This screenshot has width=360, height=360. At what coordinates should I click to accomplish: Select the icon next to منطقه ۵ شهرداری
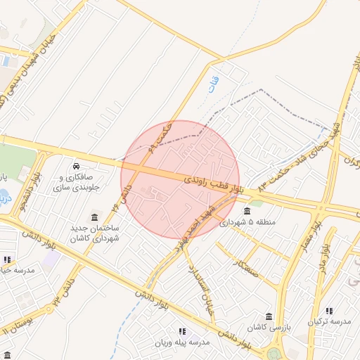[x=247, y=211]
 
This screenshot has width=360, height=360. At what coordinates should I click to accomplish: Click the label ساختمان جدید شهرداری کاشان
[x=94, y=233]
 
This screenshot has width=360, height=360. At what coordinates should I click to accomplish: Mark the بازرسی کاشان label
[x=268, y=328]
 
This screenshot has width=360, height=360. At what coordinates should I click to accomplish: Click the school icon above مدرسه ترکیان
[x=329, y=311]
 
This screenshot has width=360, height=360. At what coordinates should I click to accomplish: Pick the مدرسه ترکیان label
[x=329, y=322]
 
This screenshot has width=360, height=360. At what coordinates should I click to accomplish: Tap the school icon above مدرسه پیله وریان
[x=182, y=331]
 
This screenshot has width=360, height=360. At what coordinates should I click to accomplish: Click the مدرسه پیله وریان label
[x=183, y=342]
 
